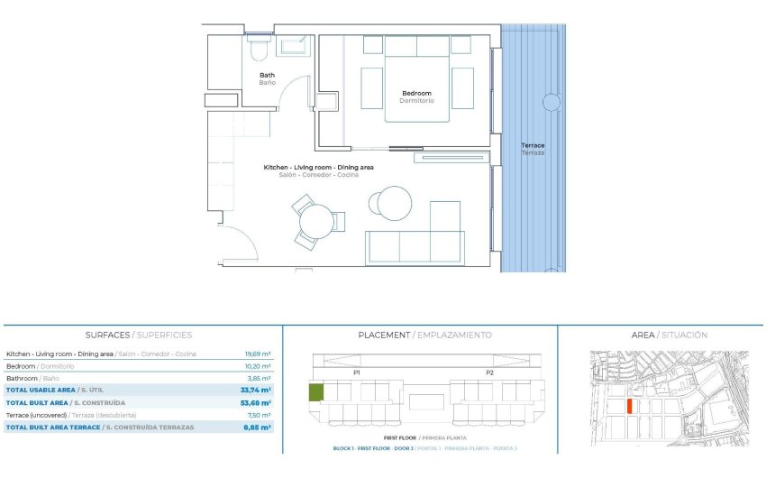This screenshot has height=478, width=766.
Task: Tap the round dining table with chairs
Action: [x=316, y=222]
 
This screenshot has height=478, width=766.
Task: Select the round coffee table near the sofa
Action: [x=394, y=203]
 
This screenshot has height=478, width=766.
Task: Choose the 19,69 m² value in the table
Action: [x=259, y=354]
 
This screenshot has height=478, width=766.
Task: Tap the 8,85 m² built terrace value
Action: [x=259, y=427]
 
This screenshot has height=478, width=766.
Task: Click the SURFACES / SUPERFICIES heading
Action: [x=139, y=335]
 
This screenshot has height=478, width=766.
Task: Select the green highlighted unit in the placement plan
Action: [x=316, y=392]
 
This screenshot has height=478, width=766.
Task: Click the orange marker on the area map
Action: [x=629, y=406]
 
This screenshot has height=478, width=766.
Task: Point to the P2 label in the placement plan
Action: [x=490, y=372]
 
